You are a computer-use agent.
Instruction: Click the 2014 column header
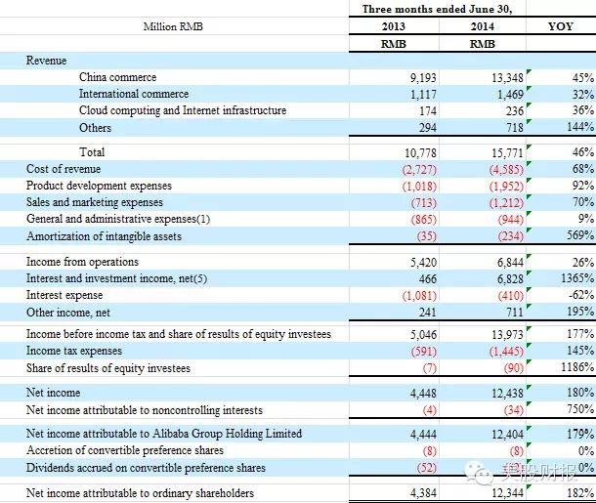483,26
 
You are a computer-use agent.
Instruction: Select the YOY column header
560,26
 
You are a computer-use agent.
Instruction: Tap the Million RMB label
173,26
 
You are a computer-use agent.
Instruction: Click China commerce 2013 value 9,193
423,78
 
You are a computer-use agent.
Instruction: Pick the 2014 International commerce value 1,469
510,94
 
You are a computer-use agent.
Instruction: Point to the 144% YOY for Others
580,127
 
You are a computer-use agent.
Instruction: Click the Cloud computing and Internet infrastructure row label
183,110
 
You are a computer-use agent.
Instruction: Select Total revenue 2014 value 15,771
507,152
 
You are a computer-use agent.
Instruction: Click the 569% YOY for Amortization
580,235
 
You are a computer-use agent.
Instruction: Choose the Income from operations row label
82,262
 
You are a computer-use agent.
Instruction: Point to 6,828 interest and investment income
510,279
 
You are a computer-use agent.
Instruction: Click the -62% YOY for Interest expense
581,294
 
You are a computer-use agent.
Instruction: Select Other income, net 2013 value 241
428,313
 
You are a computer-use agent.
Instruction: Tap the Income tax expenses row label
74,351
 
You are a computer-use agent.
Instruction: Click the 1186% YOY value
577,367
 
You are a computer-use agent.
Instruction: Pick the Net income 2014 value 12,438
507,394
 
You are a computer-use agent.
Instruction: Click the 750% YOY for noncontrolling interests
580,409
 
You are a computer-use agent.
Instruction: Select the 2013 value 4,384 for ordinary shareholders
423,493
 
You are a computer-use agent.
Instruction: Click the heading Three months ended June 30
437,9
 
